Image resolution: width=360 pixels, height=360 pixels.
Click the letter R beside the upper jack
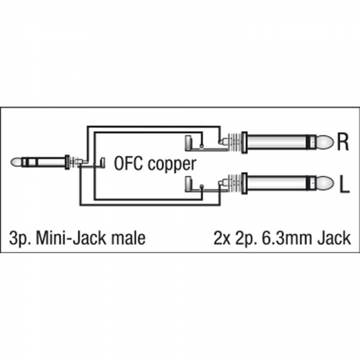(343, 142)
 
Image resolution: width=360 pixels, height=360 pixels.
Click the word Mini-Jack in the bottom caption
(72, 238)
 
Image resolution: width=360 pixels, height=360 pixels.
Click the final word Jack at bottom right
(334, 238)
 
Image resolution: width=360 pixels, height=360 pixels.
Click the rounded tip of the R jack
(325, 142)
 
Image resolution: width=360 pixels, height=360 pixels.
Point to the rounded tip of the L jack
(325, 183)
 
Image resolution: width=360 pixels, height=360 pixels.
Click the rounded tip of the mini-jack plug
(16, 162)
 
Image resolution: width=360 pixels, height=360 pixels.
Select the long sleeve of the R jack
(277, 142)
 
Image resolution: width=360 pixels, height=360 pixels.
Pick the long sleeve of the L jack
(277, 183)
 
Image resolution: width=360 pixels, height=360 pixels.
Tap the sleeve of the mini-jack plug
(50, 162)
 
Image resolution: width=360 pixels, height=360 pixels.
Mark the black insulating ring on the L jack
(311, 183)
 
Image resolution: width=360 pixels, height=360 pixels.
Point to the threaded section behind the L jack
(234, 183)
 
